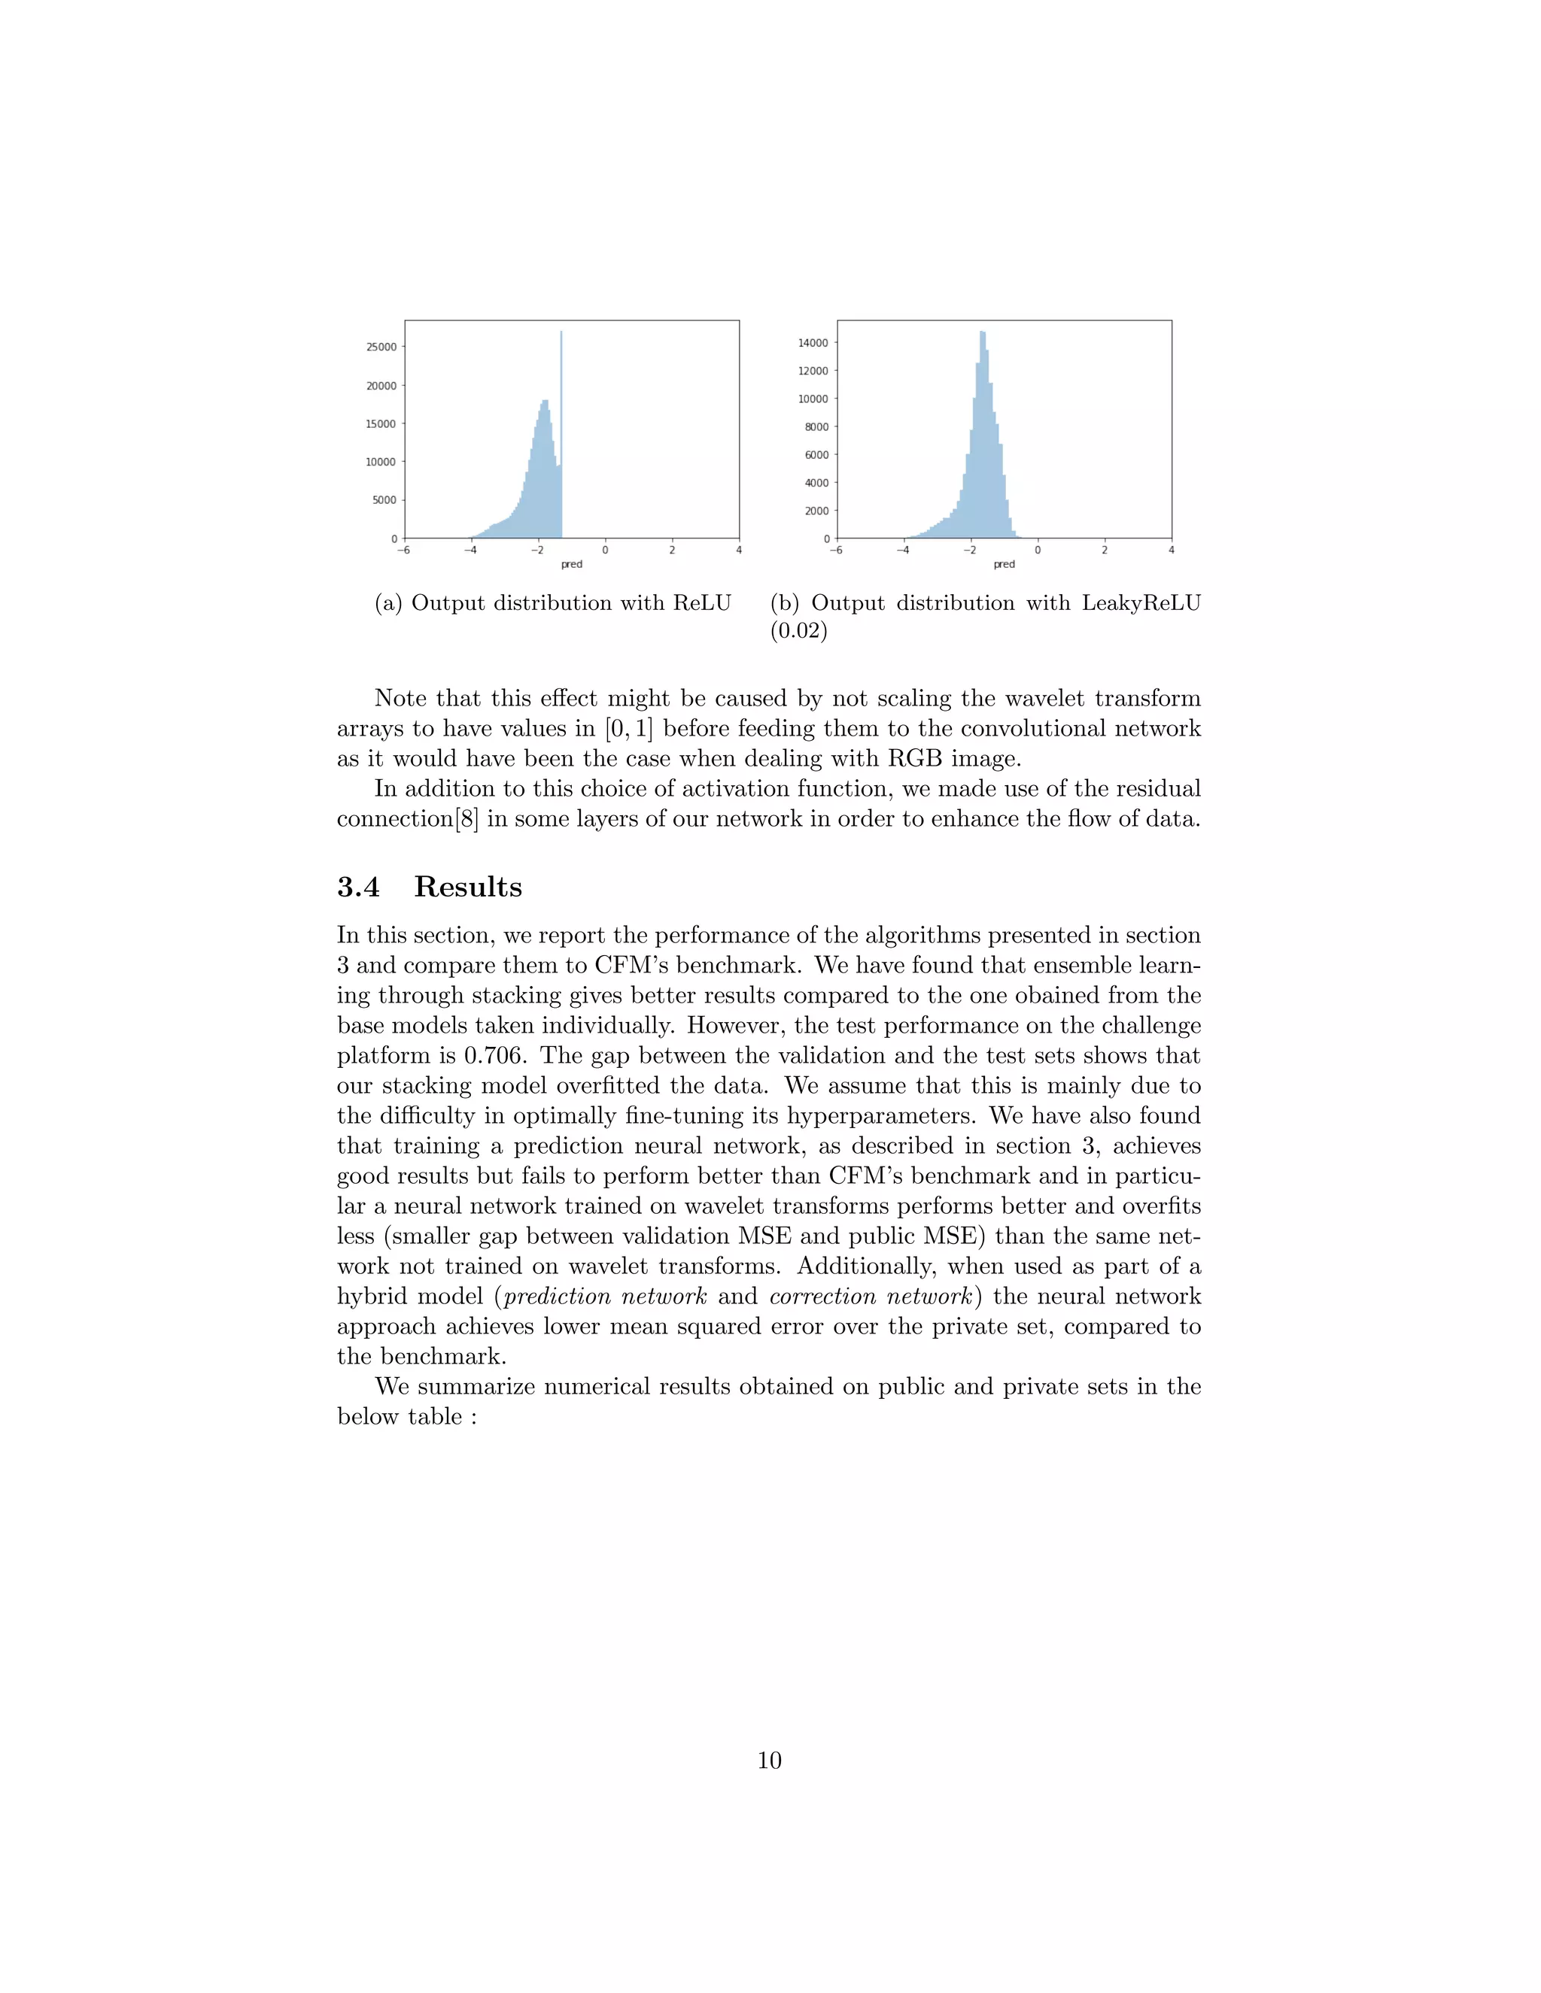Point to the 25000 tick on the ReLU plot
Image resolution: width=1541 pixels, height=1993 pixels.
point(381,347)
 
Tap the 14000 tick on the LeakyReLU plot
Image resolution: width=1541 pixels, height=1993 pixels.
point(813,343)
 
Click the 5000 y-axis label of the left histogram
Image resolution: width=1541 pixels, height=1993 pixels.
point(384,500)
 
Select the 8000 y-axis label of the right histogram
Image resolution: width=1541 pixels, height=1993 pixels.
point(816,427)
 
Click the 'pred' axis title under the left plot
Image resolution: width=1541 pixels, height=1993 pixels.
point(572,564)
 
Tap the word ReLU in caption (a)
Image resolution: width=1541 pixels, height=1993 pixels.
point(702,603)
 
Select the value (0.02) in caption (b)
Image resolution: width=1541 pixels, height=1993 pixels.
point(799,630)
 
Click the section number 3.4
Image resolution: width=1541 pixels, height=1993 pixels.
point(359,887)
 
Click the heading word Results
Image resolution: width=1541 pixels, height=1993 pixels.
point(467,887)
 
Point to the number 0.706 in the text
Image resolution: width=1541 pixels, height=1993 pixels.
point(494,1056)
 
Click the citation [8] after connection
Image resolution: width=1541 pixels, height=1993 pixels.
point(467,818)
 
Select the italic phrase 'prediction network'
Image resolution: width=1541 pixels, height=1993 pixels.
point(605,1297)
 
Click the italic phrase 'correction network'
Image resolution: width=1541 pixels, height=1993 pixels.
point(870,1297)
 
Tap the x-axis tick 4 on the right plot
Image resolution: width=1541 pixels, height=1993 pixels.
point(1172,551)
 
